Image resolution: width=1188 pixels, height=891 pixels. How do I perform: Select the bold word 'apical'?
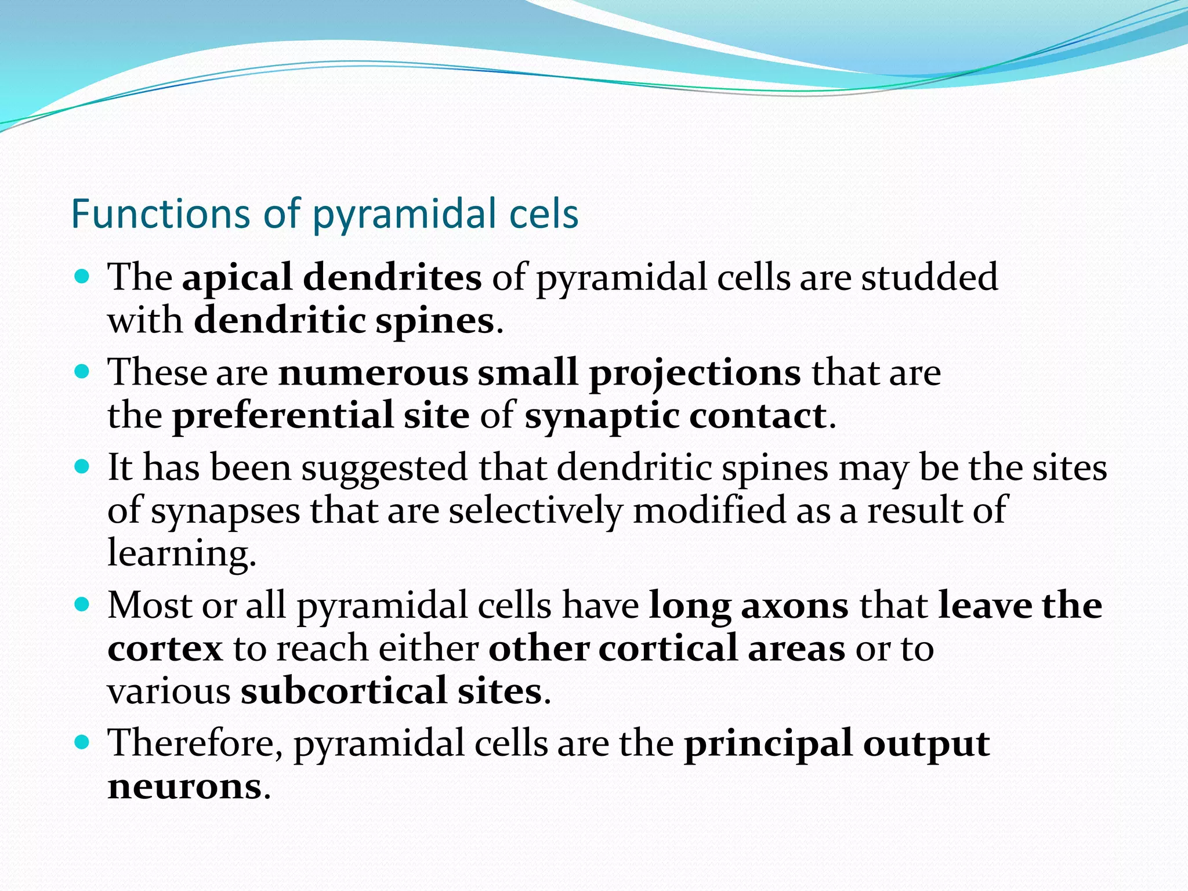[236, 278]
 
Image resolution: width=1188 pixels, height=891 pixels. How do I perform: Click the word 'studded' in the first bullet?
[929, 277]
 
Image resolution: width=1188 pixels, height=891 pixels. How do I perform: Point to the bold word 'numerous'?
[373, 372]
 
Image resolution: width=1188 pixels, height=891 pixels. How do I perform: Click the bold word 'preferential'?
[282, 416]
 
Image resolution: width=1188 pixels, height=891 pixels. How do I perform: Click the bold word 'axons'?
[795, 606]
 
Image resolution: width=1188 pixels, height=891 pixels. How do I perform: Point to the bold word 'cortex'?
[165, 649]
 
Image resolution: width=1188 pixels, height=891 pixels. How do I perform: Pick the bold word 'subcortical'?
[343, 691]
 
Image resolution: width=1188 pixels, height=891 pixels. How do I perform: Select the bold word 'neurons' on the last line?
[185, 787]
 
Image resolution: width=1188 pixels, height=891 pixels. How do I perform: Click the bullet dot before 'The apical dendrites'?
[82, 276]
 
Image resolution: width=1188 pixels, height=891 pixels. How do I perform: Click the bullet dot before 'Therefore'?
[82, 741]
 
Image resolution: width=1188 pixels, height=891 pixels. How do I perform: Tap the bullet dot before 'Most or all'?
[82, 605]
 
